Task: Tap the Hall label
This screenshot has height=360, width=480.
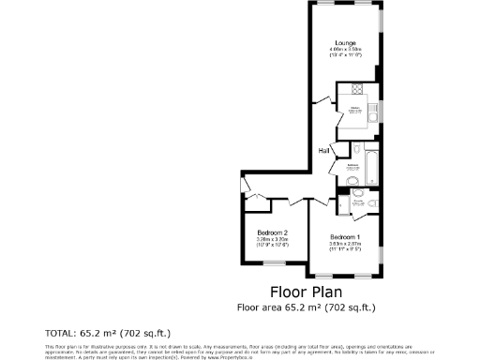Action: tap(323, 149)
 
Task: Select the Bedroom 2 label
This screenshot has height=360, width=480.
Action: tap(272, 232)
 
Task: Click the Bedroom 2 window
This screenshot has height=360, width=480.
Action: tap(273, 276)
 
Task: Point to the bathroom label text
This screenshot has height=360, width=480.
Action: tap(353, 166)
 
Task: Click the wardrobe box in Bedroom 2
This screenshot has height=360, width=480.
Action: tap(255, 197)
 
